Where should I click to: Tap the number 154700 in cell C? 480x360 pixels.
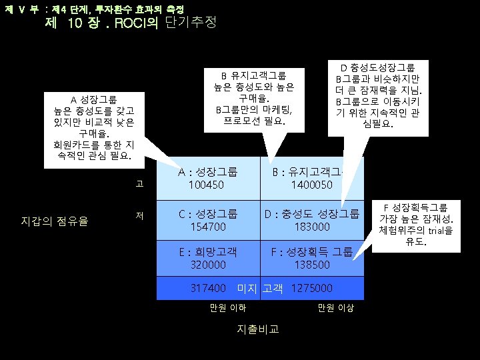tap(207, 227)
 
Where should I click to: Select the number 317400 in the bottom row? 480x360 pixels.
tap(209, 288)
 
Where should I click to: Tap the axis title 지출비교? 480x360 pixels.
tap(258, 329)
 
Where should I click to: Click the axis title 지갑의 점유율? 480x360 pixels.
tap(55, 221)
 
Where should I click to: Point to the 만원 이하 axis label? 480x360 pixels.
tap(228, 307)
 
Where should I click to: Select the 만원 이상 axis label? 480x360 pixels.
tap(336, 307)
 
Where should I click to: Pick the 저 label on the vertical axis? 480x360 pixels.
tap(139, 215)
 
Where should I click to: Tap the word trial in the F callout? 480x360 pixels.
tap(435, 231)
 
